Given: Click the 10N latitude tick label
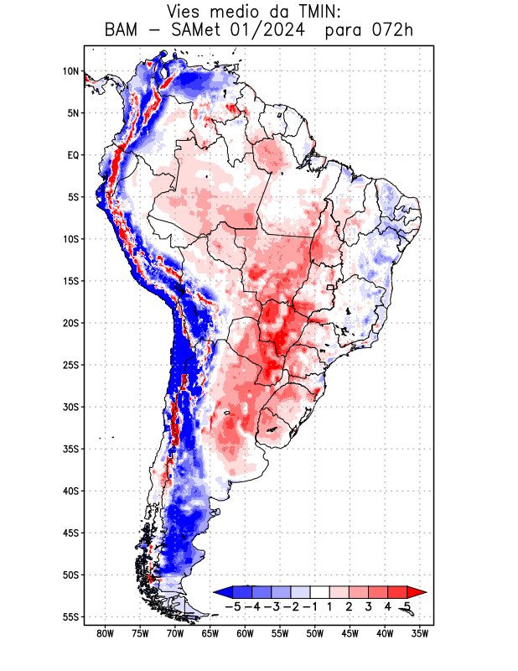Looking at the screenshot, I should click(x=70, y=71).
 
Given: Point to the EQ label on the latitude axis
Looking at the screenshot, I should click(x=73, y=155).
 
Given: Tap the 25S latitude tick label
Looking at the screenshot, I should click(x=70, y=365).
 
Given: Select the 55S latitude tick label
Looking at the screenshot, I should click(x=70, y=616).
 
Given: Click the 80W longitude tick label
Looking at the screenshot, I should click(x=105, y=633).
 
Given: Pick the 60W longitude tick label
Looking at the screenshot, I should click(x=245, y=633).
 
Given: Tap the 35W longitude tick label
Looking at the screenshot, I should click(x=420, y=633).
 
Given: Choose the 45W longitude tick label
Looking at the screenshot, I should click(x=350, y=633).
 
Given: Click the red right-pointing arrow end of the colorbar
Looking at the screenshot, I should click(x=417, y=591).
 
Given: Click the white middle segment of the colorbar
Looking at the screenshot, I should click(x=320, y=591).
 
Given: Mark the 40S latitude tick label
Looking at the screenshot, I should click(x=70, y=491).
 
